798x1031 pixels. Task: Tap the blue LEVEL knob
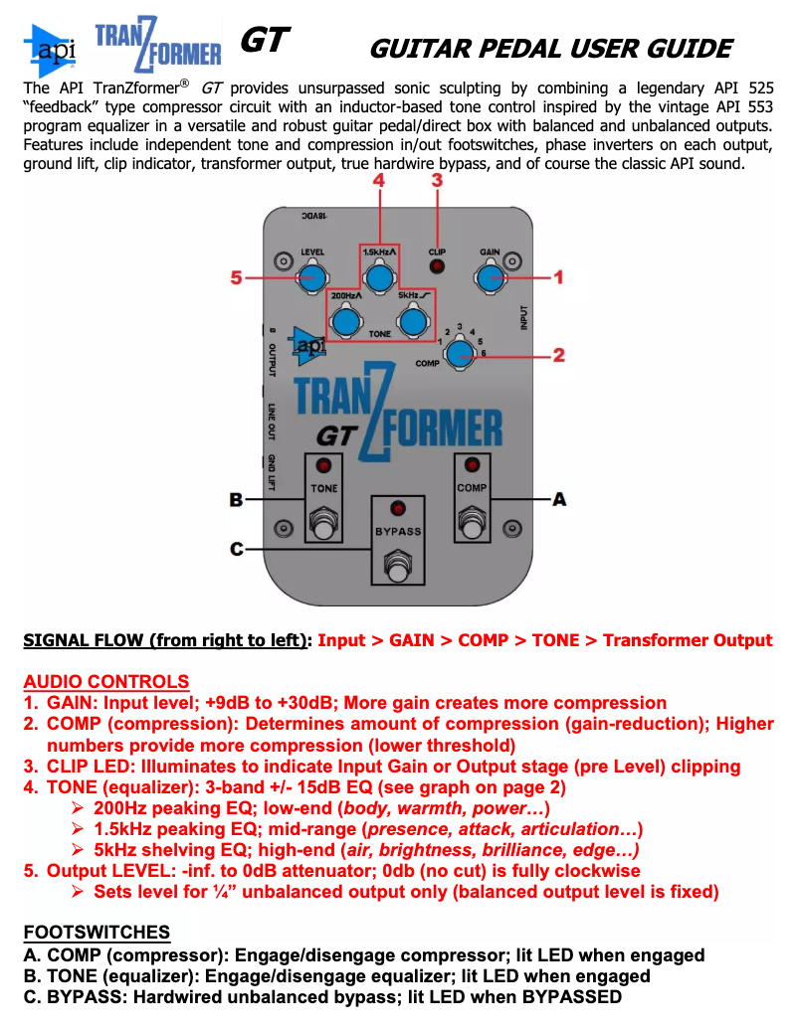coord(312,277)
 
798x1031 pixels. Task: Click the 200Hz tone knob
coord(345,321)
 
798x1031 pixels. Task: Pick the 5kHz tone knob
coord(411,321)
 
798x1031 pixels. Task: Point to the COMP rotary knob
coord(459,352)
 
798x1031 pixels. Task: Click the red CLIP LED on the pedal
coord(437,267)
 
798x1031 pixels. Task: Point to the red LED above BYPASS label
coord(398,508)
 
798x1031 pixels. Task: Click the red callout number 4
coord(378,181)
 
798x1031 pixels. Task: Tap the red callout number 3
coord(437,181)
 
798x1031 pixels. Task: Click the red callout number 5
coord(237,278)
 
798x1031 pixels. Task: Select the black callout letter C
coord(236,549)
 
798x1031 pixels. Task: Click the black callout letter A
coord(559,498)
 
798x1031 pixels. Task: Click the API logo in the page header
coord(48,50)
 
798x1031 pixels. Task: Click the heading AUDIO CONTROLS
coord(105,682)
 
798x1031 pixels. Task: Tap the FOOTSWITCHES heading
coord(97,932)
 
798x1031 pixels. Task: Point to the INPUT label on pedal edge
coord(524,317)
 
